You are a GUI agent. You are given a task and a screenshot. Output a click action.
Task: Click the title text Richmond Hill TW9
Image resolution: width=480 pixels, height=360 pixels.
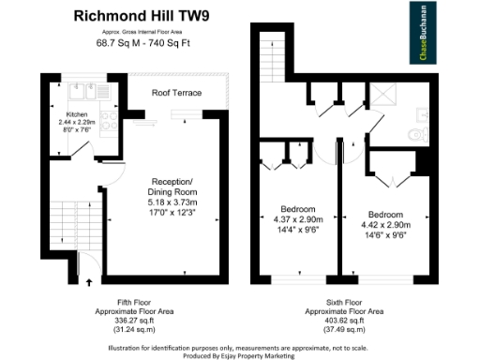coord(140,16)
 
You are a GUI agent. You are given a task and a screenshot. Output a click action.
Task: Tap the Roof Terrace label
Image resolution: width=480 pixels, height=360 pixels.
coord(176,93)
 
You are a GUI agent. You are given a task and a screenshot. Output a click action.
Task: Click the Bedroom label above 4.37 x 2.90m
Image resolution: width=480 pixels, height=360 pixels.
coord(298,208)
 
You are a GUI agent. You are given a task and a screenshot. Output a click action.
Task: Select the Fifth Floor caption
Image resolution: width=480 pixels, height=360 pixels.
coord(136,302)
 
